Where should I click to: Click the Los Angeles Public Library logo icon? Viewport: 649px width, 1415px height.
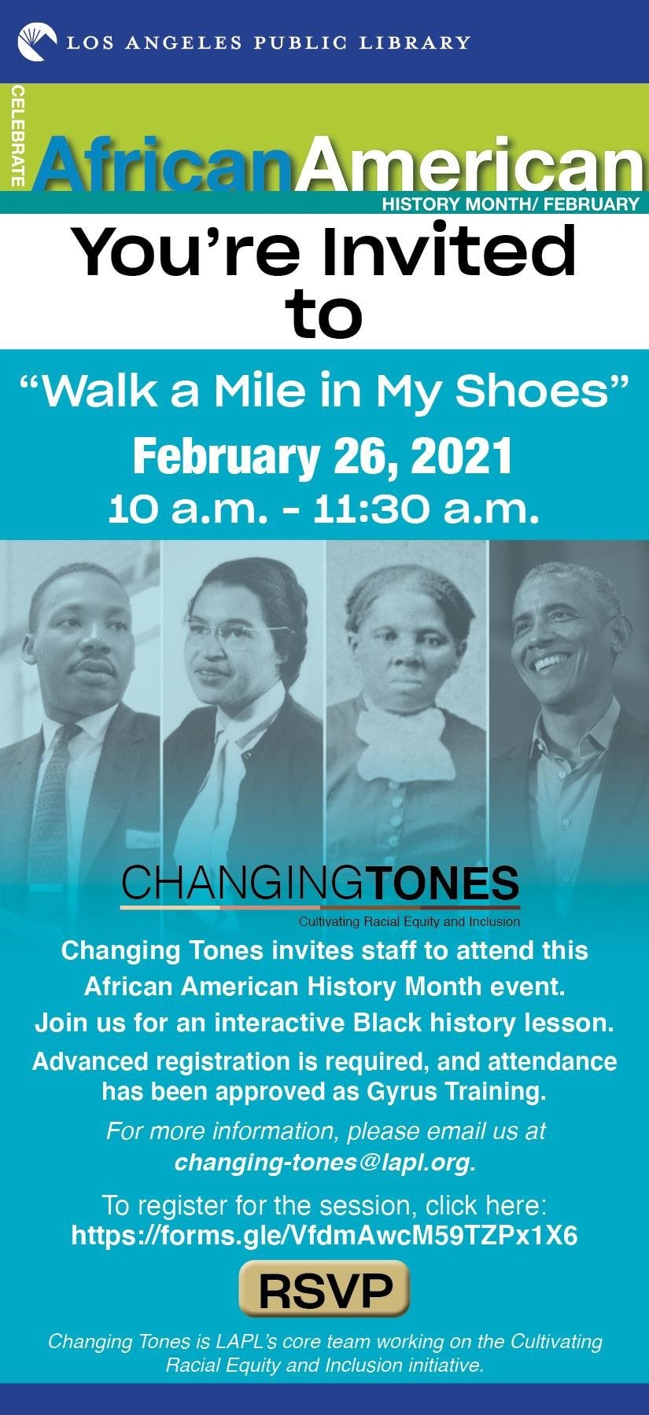37,42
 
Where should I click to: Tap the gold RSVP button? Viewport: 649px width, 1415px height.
324,1289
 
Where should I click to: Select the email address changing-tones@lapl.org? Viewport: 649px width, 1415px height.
325,1162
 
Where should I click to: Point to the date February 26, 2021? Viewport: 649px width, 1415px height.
323,457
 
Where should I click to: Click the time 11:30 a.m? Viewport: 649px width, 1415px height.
426,509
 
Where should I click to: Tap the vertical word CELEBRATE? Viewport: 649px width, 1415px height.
17,138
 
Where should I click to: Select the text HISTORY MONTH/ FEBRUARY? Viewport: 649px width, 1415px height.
510,204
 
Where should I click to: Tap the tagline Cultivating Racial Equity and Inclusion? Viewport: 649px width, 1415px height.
409,921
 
